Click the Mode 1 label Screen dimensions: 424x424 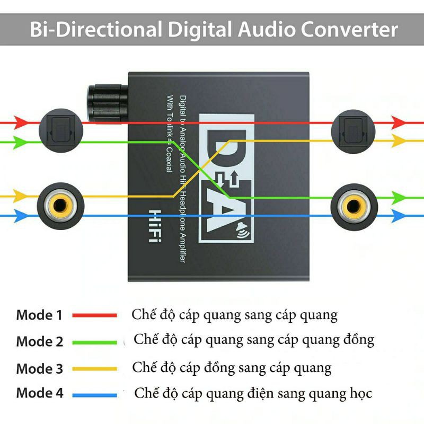(39, 315)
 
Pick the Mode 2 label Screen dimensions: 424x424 (39, 341)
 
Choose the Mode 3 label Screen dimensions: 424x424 (39, 368)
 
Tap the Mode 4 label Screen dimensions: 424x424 (39, 394)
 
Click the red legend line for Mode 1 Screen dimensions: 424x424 (94, 315)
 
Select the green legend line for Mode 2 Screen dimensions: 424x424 (94, 342)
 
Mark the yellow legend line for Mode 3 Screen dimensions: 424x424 (94, 368)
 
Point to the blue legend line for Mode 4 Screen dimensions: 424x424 (94, 394)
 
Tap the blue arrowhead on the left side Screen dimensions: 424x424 (20, 216)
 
